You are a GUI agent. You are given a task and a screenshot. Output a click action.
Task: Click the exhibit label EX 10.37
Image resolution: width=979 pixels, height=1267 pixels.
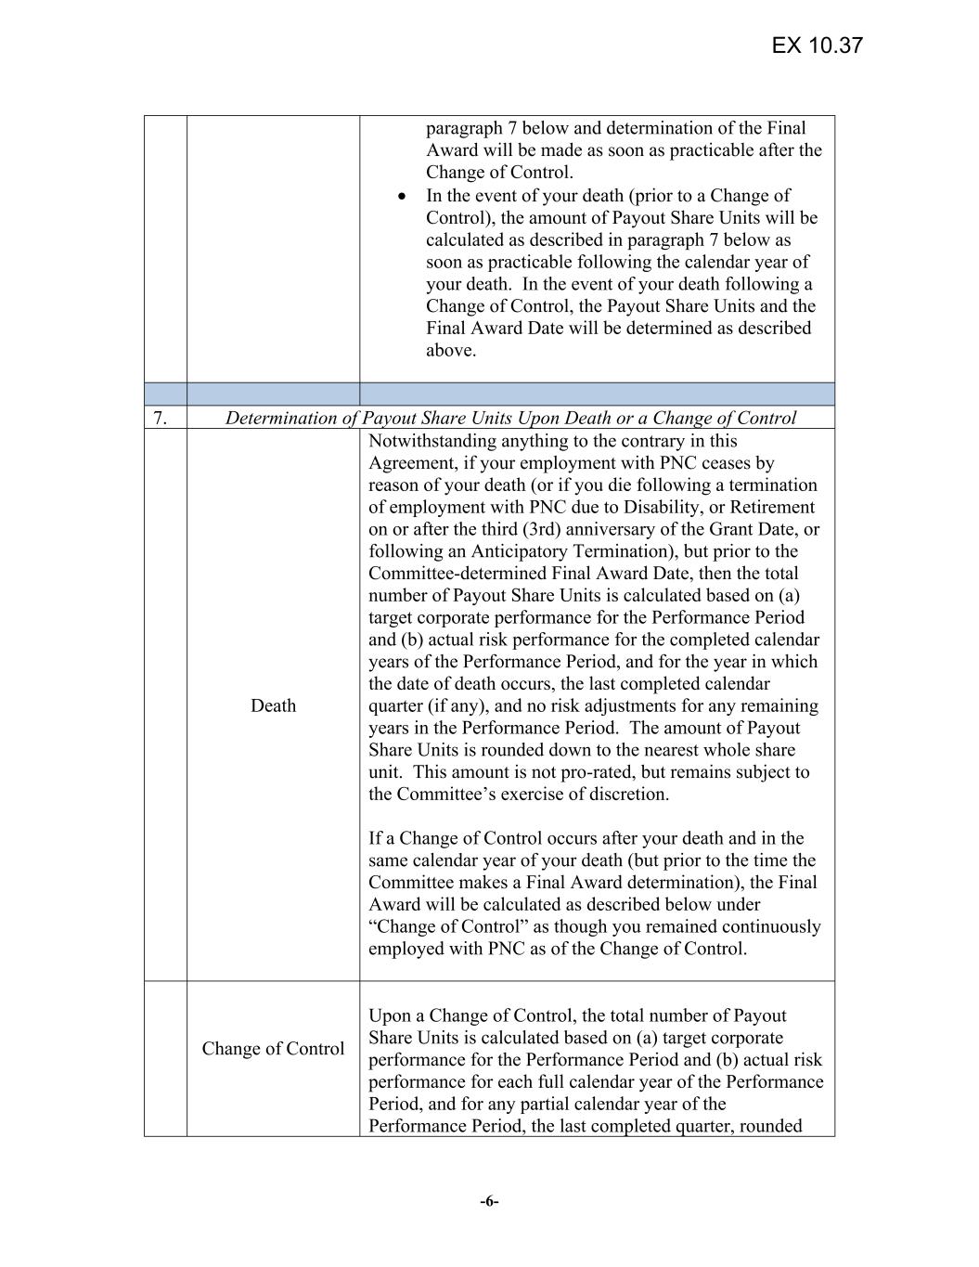tap(817, 45)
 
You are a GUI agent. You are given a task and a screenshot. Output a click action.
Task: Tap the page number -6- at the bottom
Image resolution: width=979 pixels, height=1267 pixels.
tap(489, 1201)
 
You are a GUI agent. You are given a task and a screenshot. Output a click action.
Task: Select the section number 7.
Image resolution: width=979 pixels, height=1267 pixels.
tap(160, 418)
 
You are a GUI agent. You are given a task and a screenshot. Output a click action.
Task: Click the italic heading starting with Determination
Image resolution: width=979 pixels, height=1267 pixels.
tap(510, 418)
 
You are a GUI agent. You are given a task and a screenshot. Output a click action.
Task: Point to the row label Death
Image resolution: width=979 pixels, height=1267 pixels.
tap(273, 705)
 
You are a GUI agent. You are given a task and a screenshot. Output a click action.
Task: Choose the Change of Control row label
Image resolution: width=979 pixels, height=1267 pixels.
tap(273, 1049)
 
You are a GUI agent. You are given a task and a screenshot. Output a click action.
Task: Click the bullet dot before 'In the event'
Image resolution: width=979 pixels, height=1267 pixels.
tap(401, 196)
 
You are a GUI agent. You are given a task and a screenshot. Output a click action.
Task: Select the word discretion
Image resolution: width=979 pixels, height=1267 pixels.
tap(627, 795)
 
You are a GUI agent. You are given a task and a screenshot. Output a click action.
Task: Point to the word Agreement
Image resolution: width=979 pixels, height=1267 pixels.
tap(408, 463)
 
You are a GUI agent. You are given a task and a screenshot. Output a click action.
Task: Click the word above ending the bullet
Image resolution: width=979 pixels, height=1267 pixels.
tap(450, 351)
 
